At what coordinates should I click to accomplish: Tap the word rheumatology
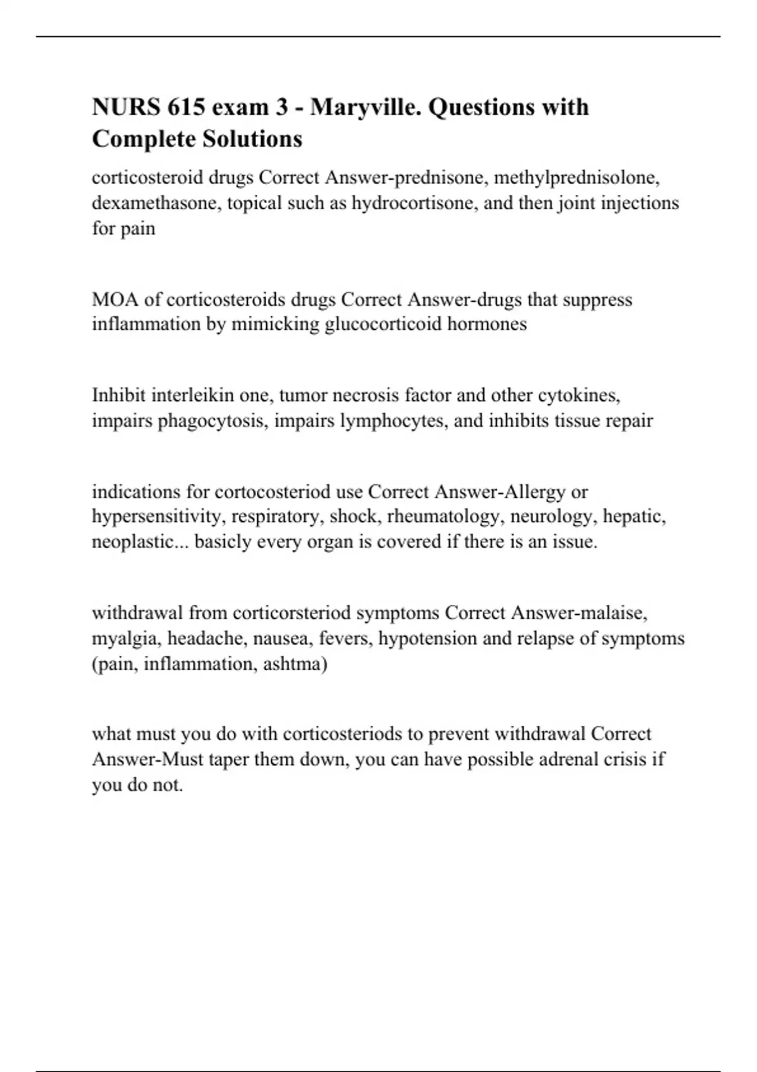click(x=443, y=516)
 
